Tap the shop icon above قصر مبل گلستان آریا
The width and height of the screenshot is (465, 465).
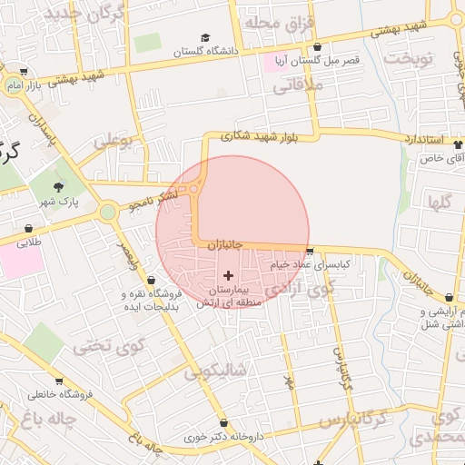(x=317, y=46)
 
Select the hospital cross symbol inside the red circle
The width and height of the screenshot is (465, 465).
(x=227, y=274)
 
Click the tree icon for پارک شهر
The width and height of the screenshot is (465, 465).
(x=59, y=185)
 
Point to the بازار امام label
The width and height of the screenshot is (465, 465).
(x=26, y=84)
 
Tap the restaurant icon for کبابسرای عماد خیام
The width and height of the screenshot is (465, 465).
(x=310, y=252)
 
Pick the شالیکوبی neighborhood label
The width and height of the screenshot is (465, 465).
(x=215, y=371)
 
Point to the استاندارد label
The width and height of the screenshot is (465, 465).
(x=420, y=141)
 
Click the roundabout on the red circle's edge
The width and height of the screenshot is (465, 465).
(x=193, y=188)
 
